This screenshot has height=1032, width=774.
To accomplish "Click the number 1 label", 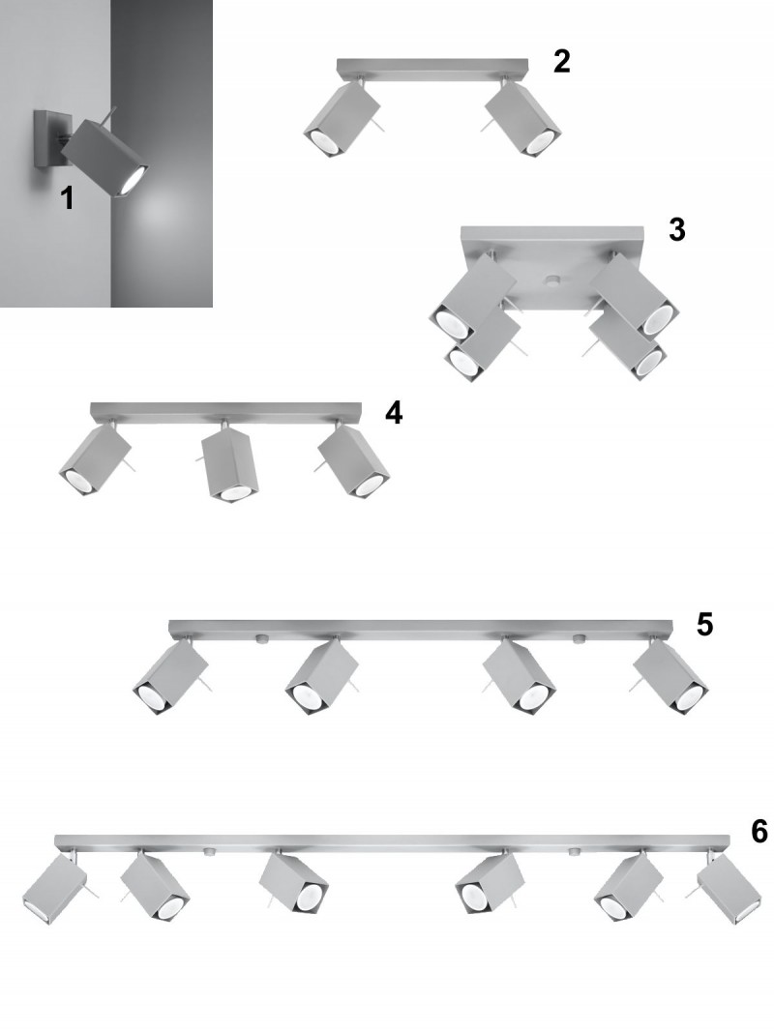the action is tap(67, 197).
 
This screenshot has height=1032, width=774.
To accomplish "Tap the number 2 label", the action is tap(561, 61).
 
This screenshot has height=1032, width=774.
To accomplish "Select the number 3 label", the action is tap(676, 229).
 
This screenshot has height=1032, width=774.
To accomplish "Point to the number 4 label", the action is tap(394, 413).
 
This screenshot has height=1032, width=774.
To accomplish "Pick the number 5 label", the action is tap(704, 625).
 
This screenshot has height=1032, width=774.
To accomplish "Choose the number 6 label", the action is tap(759, 831).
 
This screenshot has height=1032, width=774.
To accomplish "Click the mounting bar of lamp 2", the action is tap(432, 66).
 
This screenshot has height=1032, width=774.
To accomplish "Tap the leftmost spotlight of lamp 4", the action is tap(95, 459).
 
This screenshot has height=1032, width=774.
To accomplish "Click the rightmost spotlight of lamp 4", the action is tap(353, 460).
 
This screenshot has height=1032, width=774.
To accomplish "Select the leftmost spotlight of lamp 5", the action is tap(170, 678).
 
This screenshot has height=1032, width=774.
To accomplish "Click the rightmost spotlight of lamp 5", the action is tap(670, 678).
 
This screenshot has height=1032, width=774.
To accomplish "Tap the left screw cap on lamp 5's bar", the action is tap(260, 638).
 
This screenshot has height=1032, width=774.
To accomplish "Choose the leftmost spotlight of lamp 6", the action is tap(54, 890).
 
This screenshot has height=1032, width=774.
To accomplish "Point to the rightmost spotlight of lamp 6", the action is tap(729, 889).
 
